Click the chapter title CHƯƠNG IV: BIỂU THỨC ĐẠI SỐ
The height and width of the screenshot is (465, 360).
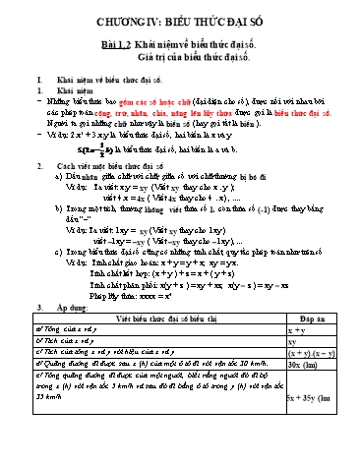180,18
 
